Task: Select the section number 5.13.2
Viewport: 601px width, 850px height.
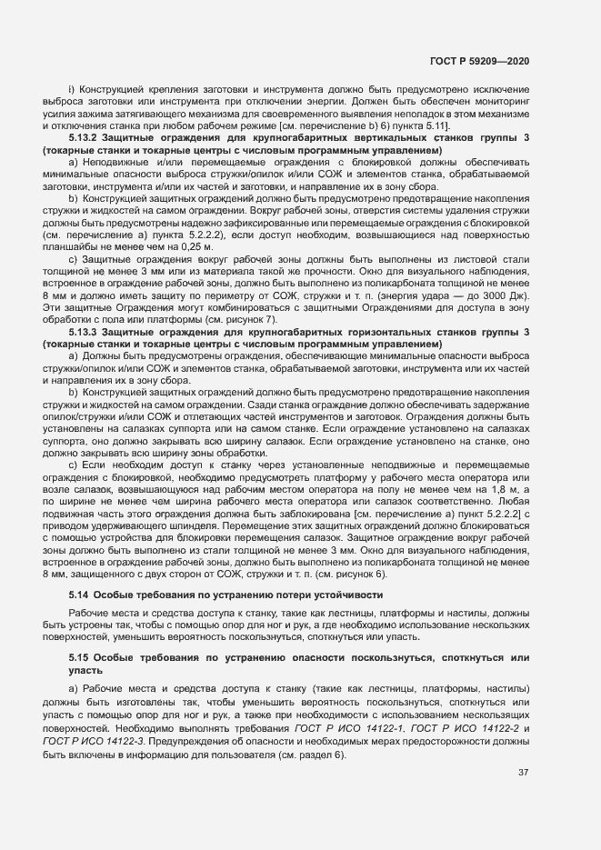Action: pos(86,137)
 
